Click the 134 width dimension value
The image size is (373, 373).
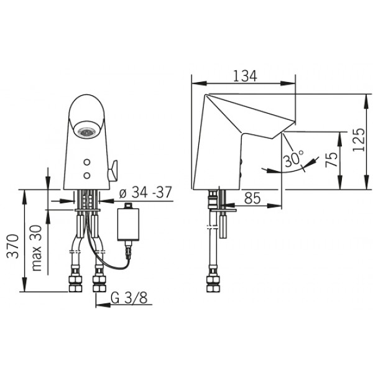coord(245,76)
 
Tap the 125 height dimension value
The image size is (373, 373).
coord(359,140)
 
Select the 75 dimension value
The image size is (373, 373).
coord(331,159)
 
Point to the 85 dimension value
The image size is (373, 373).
coord(252,198)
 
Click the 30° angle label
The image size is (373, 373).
coord(293,158)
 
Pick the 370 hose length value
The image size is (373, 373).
coord(12,246)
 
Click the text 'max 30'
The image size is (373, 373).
coord(37,248)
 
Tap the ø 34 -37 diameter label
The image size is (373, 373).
coord(145,193)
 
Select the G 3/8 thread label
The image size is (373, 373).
coord(129,298)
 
